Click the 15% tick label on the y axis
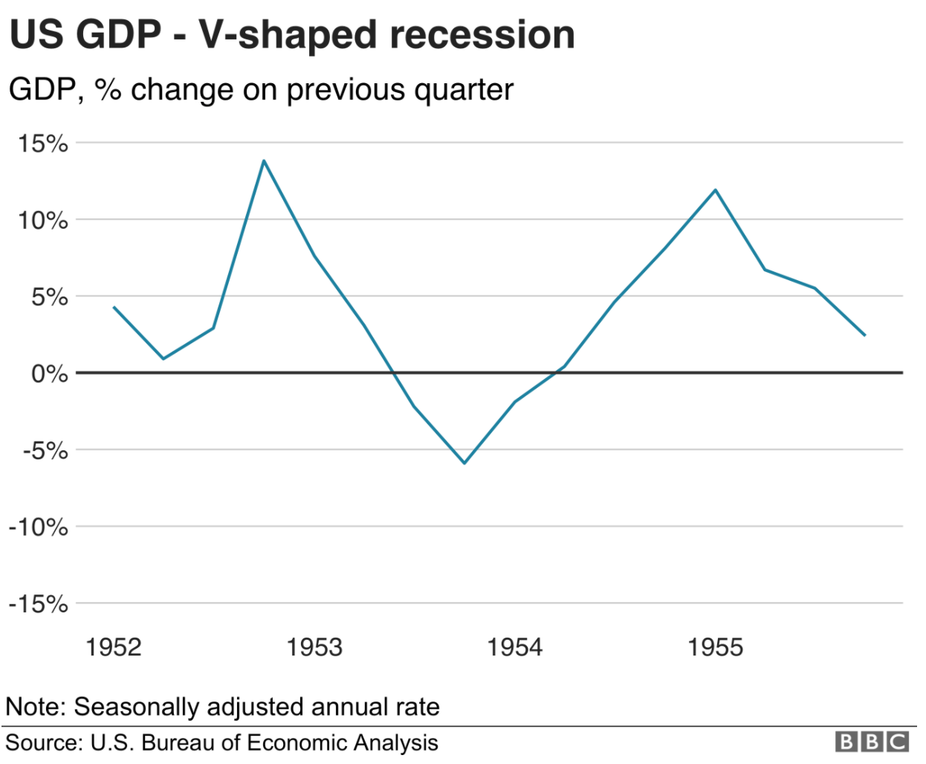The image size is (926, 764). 43,143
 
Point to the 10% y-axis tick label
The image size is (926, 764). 43,221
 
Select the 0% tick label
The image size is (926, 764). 49,374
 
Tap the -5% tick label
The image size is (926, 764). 45,451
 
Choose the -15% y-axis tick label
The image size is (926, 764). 39,604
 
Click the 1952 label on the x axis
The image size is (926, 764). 114,647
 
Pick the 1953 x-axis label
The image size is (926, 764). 314,647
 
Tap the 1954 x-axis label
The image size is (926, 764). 515,647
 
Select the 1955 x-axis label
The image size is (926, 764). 715,647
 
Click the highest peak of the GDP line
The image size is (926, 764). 264,161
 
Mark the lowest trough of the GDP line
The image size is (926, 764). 464,463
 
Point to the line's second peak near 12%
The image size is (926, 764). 716,190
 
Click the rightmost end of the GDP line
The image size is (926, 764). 865,335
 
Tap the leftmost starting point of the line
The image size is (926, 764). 114,307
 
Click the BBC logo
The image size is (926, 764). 872,742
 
